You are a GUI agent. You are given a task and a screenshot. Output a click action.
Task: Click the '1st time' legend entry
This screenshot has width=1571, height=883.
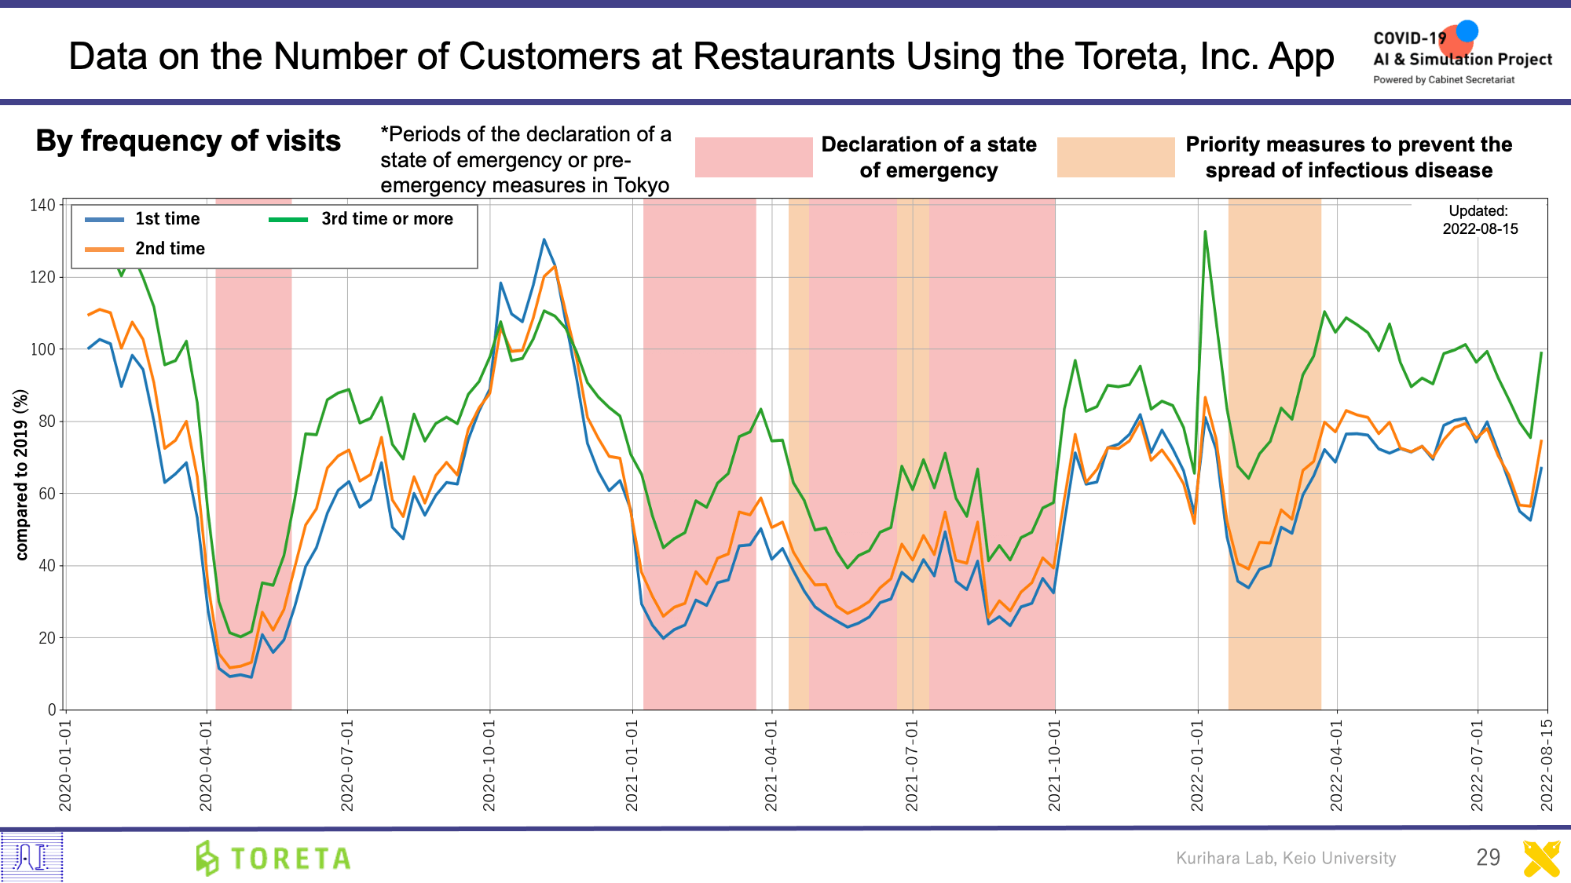coord(167,219)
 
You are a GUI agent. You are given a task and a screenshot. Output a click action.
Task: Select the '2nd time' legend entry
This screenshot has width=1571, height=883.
coord(169,249)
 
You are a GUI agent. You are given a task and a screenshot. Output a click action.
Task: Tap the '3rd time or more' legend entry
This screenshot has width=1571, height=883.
coord(386,219)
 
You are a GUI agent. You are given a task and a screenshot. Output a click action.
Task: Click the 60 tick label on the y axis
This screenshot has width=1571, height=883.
coord(46,494)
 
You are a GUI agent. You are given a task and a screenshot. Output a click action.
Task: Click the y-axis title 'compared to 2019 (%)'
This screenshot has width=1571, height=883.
coord(21,475)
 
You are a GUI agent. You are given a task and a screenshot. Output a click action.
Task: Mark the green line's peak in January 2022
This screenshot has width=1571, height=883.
coord(1205,232)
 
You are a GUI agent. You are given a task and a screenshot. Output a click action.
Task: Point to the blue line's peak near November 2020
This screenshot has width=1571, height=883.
coord(544,239)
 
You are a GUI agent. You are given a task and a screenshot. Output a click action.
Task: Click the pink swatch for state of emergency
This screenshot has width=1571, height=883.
coord(753,157)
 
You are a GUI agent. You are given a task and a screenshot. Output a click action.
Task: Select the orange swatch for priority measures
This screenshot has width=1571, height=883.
coord(1115,157)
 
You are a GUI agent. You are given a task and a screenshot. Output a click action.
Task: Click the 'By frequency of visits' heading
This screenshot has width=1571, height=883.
coord(189,141)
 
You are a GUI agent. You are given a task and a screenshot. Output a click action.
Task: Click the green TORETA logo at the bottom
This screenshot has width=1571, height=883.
coord(273,858)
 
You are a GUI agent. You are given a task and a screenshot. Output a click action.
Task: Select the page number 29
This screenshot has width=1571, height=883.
coord(1488,857)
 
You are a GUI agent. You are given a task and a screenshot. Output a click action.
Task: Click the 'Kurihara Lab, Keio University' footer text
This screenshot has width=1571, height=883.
coord(1286,858)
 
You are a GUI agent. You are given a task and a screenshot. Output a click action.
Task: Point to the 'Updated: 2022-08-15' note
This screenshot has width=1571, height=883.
coord(1480,220)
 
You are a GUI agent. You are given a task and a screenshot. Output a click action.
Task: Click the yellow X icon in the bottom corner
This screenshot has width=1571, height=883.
coord(1541,858)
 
